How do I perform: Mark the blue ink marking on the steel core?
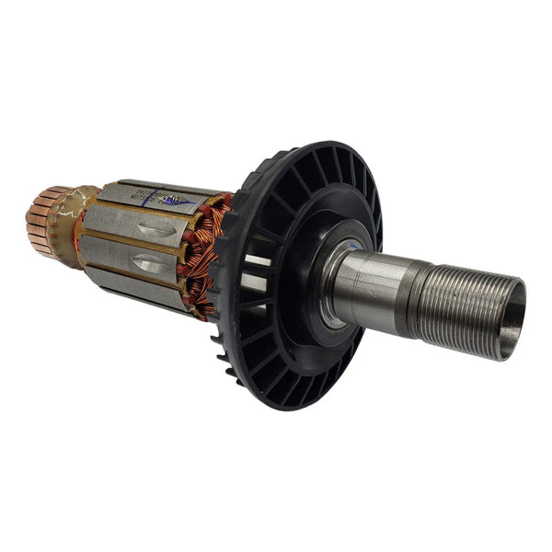point(175,200)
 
